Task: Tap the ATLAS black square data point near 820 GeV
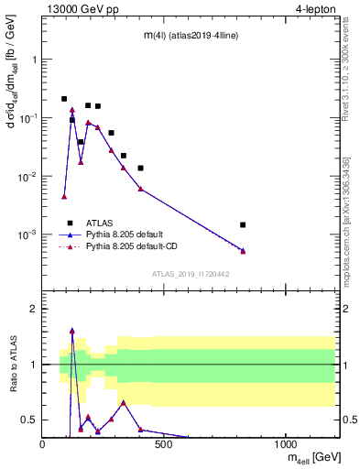coord(243,224)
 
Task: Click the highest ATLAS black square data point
coord(64,99)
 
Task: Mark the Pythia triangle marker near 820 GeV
coord(243,251)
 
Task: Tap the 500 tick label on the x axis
coord(164,445)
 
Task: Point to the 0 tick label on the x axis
coord(43,445)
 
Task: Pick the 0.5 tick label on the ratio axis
coord(27,420)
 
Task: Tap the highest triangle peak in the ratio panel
coord(72,331)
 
